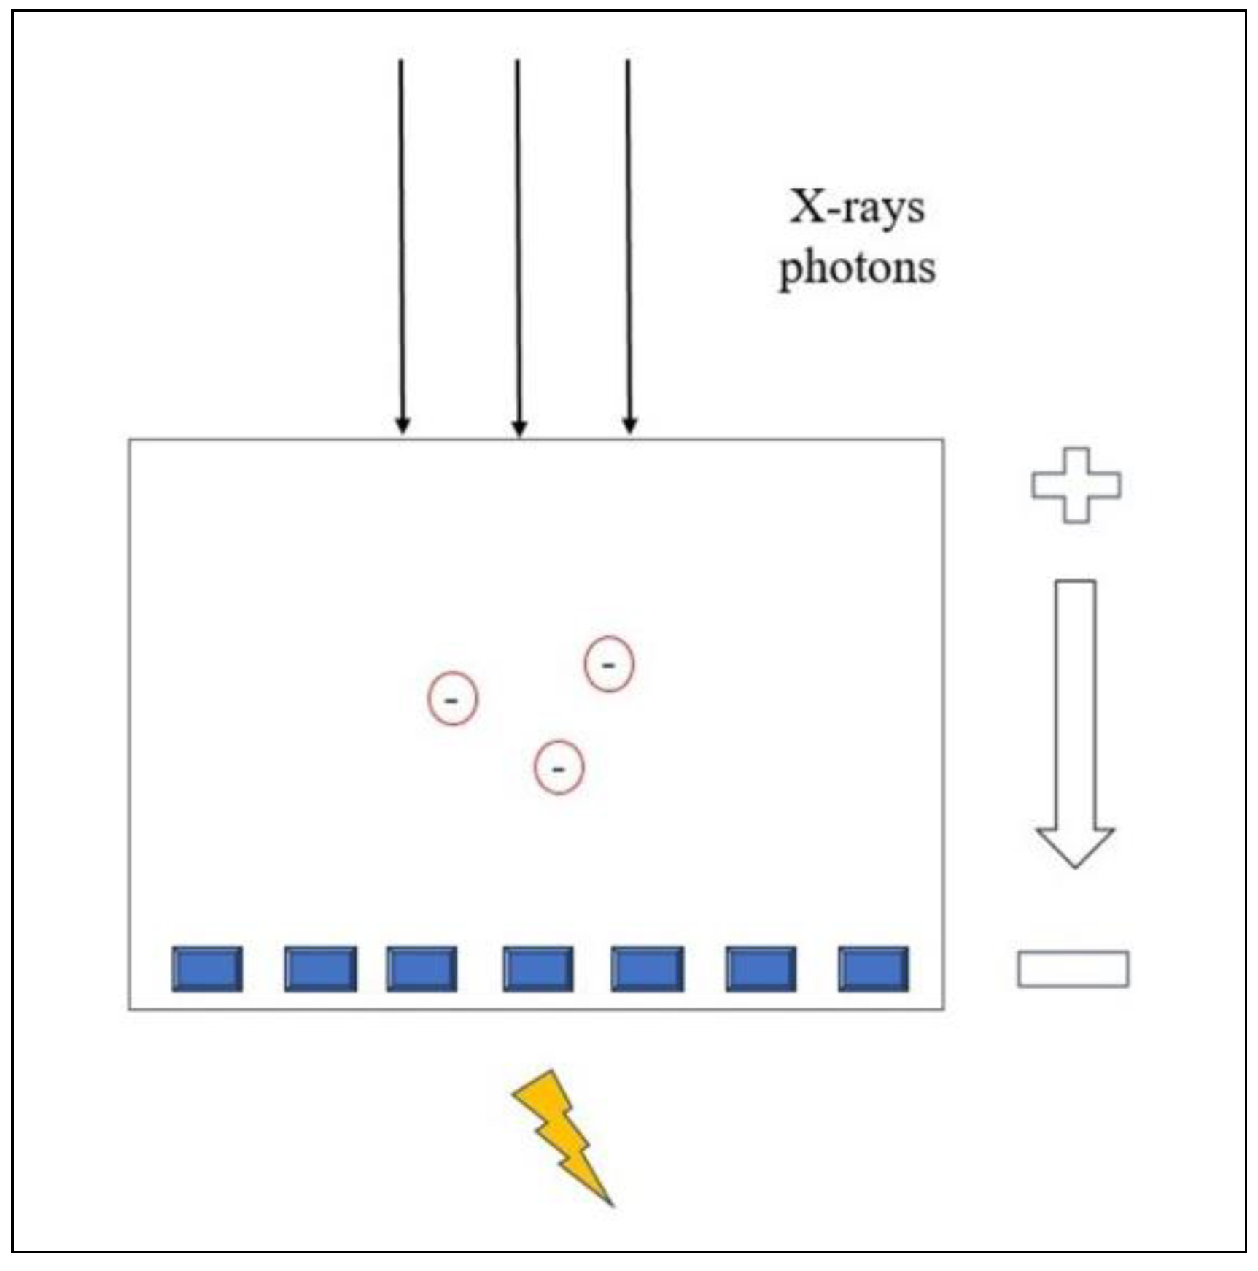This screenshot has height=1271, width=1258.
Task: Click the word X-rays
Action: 857,209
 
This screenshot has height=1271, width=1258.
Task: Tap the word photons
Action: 858,269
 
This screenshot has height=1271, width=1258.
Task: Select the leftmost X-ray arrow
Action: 401,241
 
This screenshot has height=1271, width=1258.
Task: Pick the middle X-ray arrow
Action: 518,241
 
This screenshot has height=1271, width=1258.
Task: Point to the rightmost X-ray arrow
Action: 629,241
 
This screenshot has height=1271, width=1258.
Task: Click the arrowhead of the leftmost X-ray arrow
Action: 403,425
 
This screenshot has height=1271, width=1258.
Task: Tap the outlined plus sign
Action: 1076,485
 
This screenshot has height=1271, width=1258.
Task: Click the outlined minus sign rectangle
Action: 1073,969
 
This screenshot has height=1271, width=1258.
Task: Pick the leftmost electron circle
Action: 452,698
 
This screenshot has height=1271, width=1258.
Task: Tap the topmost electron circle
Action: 609,663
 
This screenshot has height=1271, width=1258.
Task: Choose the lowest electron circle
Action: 559,767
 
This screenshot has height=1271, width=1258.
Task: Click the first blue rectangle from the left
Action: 207,969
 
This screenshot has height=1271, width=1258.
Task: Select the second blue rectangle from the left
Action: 321,969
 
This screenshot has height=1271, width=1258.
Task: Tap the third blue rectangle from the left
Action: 422,969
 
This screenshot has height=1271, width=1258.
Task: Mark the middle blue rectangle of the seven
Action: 538,969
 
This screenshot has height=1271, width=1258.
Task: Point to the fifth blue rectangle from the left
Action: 648,969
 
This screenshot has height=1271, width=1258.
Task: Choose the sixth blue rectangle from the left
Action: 761,969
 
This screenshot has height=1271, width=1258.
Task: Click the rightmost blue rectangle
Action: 874,969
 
